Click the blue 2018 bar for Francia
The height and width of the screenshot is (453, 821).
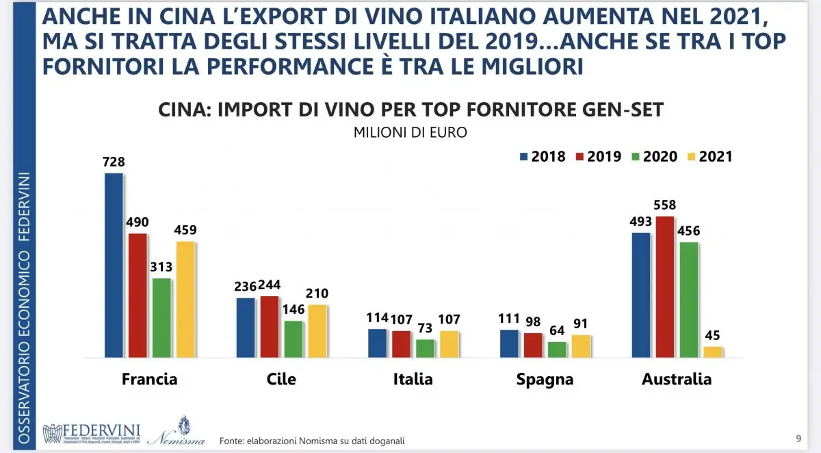(114, 265)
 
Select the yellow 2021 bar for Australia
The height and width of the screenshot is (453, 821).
(713, 352)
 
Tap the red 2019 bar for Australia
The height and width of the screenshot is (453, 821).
(666, 286)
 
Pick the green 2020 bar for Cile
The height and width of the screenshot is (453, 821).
(294, 339)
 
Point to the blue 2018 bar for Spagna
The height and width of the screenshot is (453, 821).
(509, 343)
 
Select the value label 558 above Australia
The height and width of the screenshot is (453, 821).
(666, 204)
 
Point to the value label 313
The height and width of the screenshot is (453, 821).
(161, 267)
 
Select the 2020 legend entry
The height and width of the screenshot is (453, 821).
(654, 156)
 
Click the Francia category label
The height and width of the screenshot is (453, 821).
(149, 379)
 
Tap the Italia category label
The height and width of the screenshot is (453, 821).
(413, 379)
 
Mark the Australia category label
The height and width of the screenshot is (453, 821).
(677, 379)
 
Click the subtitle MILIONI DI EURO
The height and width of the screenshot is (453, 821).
(410, 133)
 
